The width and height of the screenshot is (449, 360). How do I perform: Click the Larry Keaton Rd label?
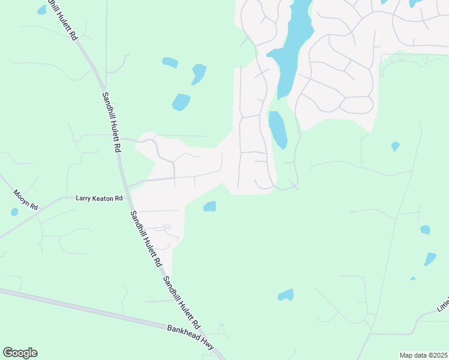coord(100,198)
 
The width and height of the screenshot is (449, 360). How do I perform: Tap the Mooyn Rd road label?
coord(26,199)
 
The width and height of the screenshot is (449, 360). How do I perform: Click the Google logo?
coord(20,353)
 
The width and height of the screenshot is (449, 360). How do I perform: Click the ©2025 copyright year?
coord(438,355)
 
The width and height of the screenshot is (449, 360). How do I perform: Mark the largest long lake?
coord(291,48)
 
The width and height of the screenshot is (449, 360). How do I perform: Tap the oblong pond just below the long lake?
coord(277,129)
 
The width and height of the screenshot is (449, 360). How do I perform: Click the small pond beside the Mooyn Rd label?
coord(14,212)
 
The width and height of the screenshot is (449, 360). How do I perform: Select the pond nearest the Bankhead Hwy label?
coord(286,295)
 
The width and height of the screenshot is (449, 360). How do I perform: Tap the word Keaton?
coord(101,198)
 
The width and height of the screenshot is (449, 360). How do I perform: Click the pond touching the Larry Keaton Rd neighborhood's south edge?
coord(209,207)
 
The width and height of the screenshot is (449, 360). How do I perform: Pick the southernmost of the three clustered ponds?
coord(181,103)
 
